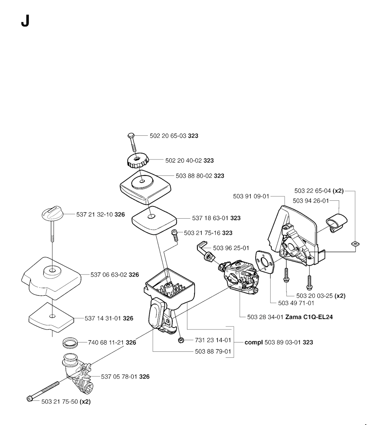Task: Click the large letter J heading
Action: (25, 22)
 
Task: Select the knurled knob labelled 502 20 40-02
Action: (137, 161)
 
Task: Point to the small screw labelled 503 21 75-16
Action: (174, 235)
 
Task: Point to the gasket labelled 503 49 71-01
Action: (265, 260)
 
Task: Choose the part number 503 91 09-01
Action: (251, 196)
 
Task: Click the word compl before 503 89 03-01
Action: (254, 342)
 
